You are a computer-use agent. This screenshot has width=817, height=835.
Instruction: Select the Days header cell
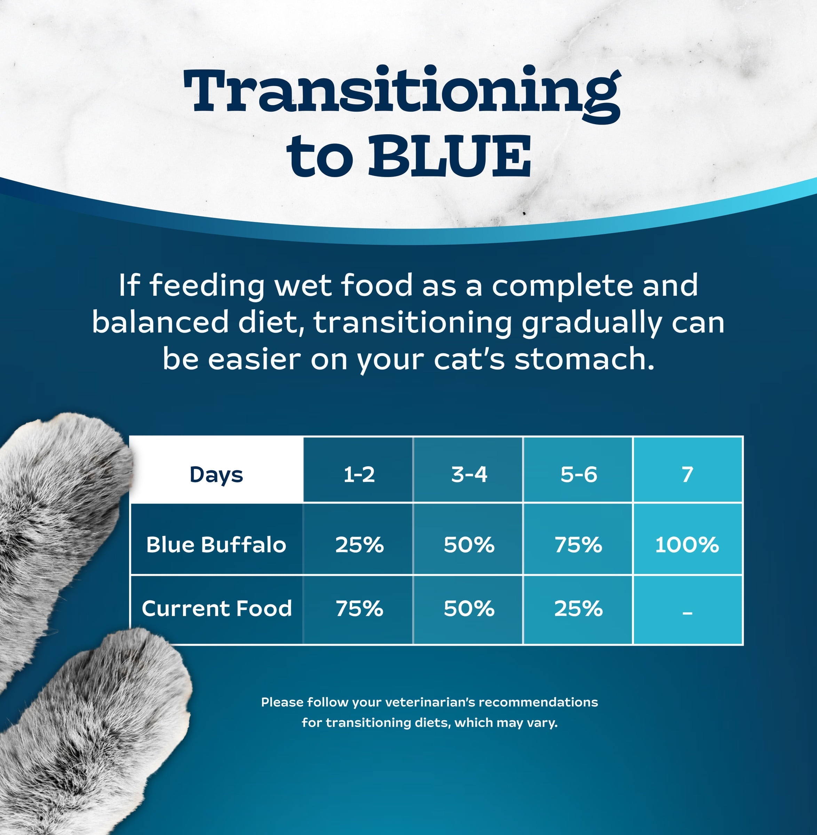coord(216,475)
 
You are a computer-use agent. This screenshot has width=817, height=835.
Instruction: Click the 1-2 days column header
coord(359,475)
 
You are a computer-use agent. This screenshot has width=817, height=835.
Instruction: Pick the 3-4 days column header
coord(469,475)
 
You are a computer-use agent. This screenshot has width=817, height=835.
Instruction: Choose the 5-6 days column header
coord(578,475)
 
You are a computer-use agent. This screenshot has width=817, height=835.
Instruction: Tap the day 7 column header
coord(688,475)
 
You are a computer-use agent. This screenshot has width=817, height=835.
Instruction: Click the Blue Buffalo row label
coord(216,544)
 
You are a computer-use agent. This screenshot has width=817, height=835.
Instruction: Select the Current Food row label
coord(217,609)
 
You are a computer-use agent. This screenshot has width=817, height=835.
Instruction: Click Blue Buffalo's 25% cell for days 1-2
coord(359,544)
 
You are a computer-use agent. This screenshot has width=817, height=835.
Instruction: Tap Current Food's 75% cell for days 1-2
coord(359,609)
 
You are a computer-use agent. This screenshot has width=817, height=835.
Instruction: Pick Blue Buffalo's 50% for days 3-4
coord(469,544)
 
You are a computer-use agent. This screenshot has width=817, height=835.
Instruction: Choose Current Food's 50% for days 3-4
coord(469,609)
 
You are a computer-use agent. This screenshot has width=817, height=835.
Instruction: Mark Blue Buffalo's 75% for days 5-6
coord(578,544)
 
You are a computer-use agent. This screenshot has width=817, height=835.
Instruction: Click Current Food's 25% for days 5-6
coord(578,609)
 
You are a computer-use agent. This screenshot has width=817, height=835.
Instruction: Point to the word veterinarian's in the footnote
coord(430,702)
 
